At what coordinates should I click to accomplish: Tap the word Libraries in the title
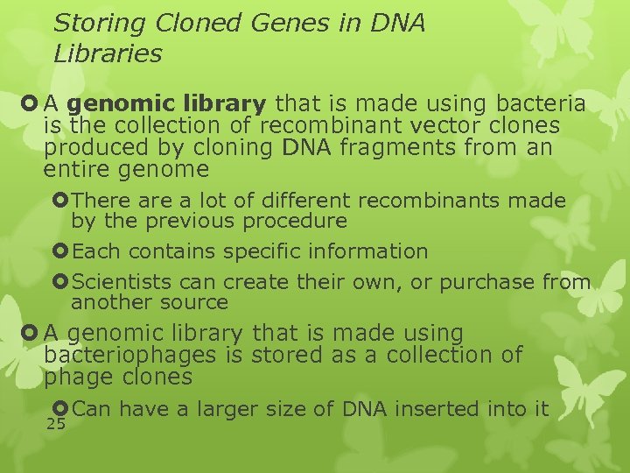(108, 54)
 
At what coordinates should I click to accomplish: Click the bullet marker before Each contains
(60, 251)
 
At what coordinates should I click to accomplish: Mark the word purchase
(487, 282)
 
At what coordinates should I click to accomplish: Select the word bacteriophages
(129, 356)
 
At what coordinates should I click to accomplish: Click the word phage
(74, 378)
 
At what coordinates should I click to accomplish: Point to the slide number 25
(56, 425)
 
